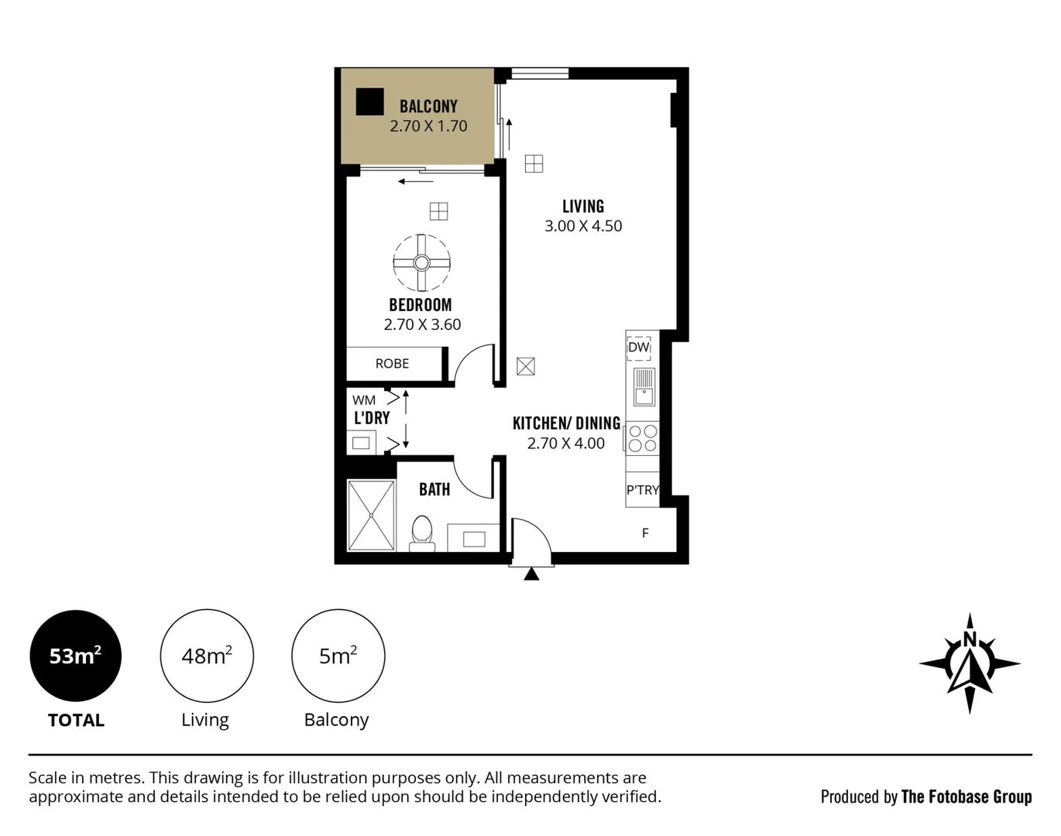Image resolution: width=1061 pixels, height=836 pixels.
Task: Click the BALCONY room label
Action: coord(428,106)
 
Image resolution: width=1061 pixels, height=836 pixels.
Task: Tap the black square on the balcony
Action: coord(369,102)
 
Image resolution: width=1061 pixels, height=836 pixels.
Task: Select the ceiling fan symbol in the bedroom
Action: coord(421,262)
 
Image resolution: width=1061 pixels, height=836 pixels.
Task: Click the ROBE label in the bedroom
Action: coord(392,364)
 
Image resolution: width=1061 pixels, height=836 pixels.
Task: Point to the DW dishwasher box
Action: coord(639,348)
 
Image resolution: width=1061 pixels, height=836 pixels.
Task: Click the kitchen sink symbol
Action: coord(644,388)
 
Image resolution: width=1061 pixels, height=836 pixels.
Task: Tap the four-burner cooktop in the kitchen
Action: coord(643,438)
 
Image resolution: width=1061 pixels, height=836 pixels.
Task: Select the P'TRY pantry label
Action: coord(643,490)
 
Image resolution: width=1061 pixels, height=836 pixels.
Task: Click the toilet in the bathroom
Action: coord(421,534)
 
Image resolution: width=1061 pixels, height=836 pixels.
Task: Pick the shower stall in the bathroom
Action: coord(371,515)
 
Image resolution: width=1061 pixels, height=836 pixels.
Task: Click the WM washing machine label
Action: coord(364,400)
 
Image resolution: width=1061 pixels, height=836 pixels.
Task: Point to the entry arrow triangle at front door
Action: coord(531,574)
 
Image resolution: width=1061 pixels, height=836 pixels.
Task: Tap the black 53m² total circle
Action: coord(75,656)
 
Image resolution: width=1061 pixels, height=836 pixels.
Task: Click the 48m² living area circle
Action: coord(207,656)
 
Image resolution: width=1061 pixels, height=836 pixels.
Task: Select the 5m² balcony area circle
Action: coord(338,656)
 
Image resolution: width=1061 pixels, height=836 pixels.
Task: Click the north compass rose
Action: coord(970,663)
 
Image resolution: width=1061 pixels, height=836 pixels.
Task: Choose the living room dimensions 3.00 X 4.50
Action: coord(583,226)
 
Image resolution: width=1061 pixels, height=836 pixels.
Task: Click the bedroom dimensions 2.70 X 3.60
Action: coord(423,325)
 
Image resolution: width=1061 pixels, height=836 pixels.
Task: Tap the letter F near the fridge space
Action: coord(645,533)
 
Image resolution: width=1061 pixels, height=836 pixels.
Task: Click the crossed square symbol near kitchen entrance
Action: coord(526,366)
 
